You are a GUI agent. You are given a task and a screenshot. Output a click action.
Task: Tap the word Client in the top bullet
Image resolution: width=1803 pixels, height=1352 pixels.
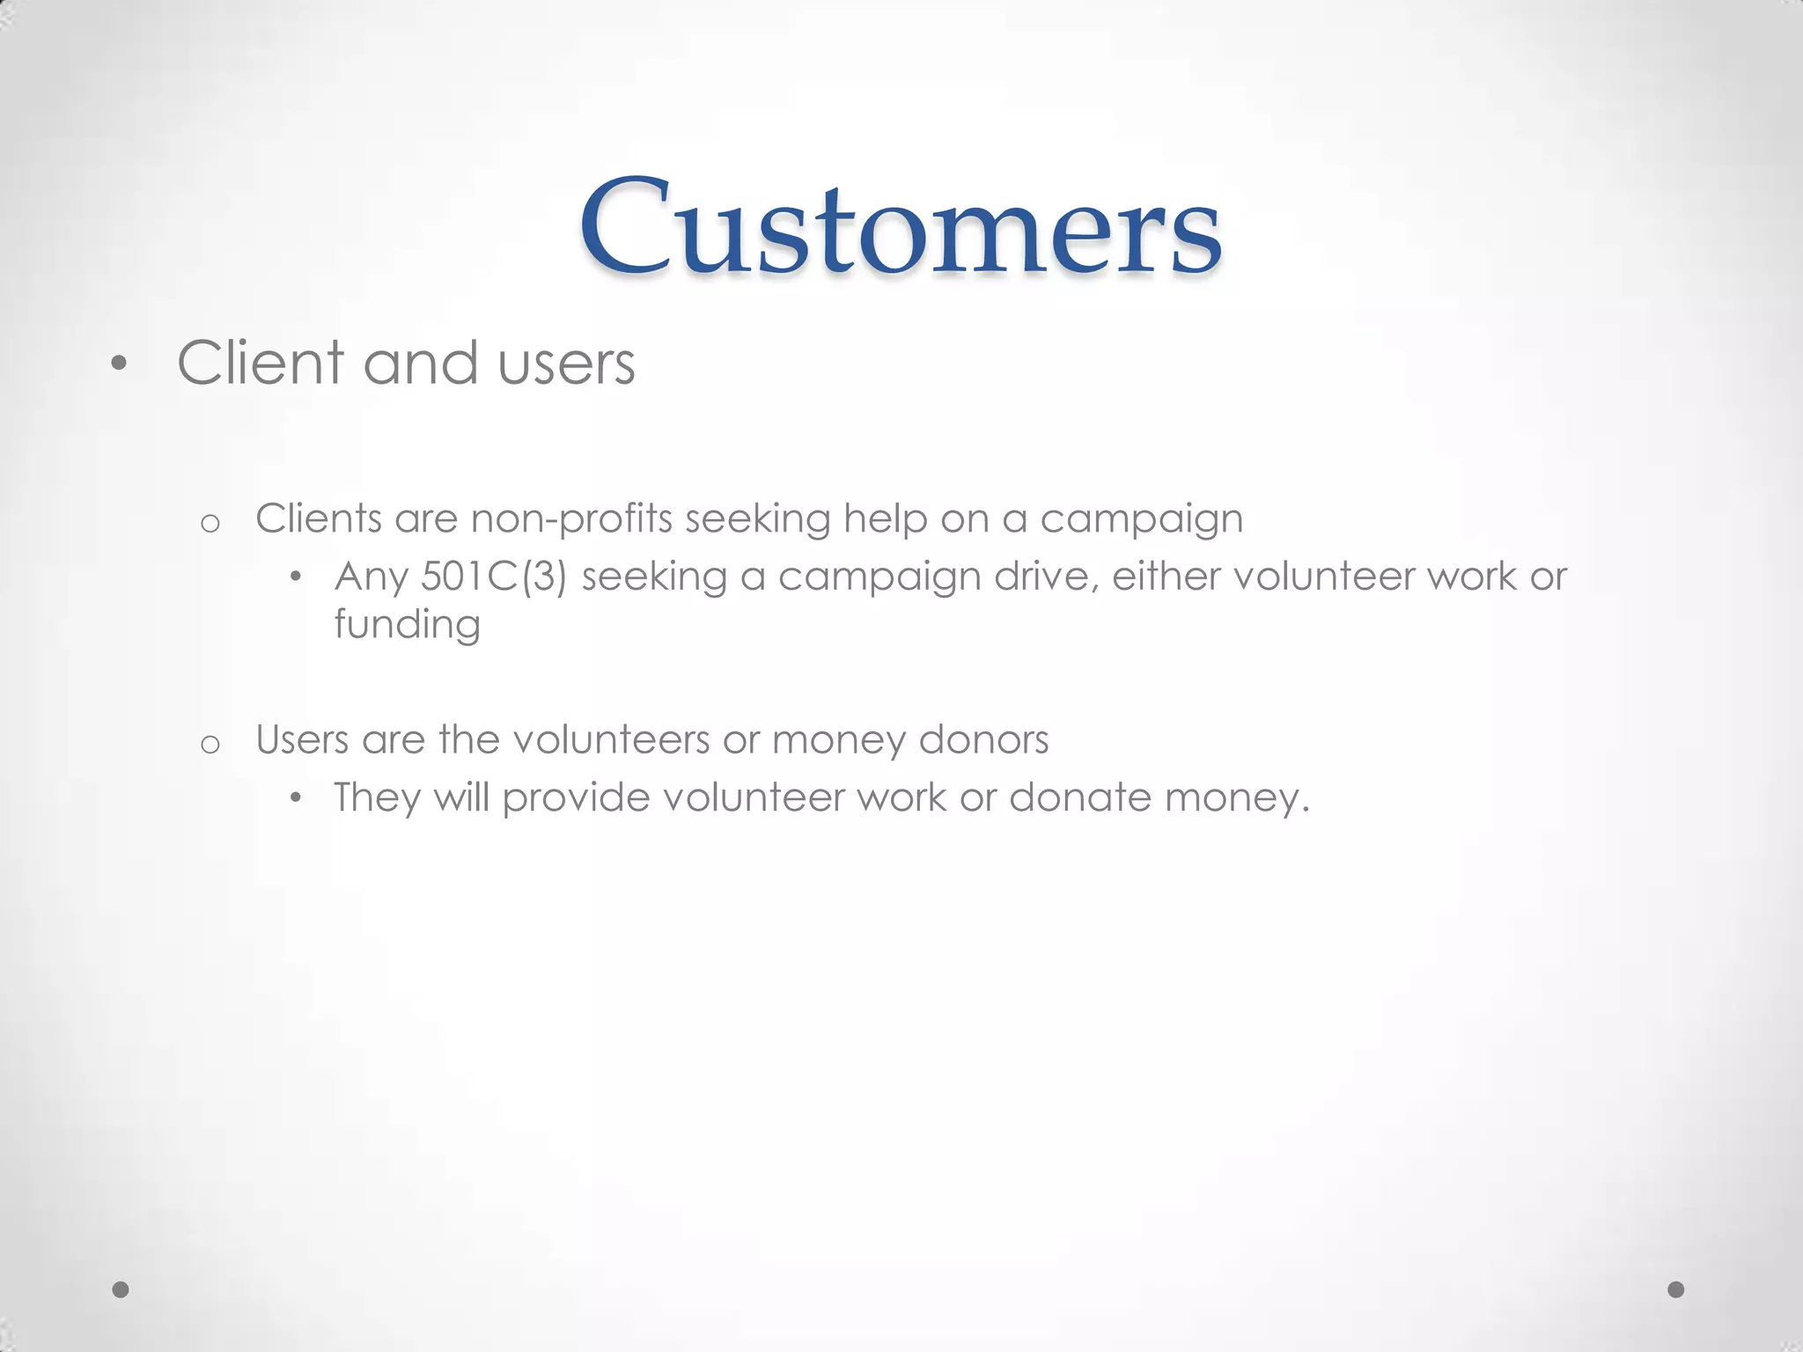(260, 363)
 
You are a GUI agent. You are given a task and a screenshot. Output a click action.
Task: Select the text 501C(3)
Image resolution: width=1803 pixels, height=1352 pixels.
(494, 577)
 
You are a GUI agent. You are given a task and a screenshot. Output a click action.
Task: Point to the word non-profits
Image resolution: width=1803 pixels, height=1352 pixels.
(572, 519)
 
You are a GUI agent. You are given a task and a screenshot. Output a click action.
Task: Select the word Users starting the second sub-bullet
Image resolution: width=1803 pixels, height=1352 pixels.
(302, 739)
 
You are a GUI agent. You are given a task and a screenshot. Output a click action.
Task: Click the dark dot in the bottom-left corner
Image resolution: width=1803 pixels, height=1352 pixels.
(121, 1290)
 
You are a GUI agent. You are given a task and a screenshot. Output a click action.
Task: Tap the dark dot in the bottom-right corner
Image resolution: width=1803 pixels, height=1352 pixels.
(1676, 1290)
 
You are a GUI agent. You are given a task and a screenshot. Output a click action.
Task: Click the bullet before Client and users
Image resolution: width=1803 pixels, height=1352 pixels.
(119, 364)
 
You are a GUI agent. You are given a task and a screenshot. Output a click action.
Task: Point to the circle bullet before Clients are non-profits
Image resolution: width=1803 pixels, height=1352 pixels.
(210, 524)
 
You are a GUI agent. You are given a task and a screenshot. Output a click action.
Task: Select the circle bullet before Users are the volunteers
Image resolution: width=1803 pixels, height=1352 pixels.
(210, 745)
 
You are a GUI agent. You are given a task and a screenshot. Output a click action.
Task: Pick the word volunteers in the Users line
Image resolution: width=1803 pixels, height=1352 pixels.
(611, 739)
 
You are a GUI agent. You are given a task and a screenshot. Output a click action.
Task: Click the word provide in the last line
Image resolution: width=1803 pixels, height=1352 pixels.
(576, 798)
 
